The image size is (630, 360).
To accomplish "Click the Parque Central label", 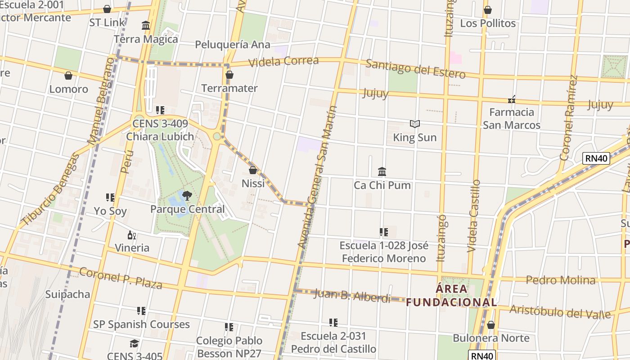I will point(187,209).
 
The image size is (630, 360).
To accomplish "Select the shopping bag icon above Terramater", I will point(229,75).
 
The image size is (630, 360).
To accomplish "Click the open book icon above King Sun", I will point(414,124).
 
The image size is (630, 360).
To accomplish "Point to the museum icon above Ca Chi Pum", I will point(382,171).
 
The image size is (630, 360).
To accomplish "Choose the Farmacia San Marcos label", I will point(512,118).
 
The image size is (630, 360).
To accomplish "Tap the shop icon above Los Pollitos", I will point(488,10).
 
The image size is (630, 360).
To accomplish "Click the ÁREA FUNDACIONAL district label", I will point(452,295).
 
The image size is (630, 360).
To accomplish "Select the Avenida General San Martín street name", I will point(317,177).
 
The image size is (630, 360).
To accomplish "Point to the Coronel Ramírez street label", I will point(568,118).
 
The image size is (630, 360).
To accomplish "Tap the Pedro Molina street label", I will point(561,280).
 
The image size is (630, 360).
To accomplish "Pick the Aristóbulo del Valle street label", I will point(560,311).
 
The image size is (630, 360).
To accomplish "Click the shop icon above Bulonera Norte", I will point(491,325).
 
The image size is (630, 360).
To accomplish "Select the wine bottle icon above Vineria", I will point(132,235).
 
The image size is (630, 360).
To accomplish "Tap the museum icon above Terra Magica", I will point(146,26).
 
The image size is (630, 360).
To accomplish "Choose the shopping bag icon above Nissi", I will point(253,170).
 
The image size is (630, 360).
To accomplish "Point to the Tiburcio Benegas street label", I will point(50,189).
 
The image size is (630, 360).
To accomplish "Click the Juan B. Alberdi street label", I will point(352,296).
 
